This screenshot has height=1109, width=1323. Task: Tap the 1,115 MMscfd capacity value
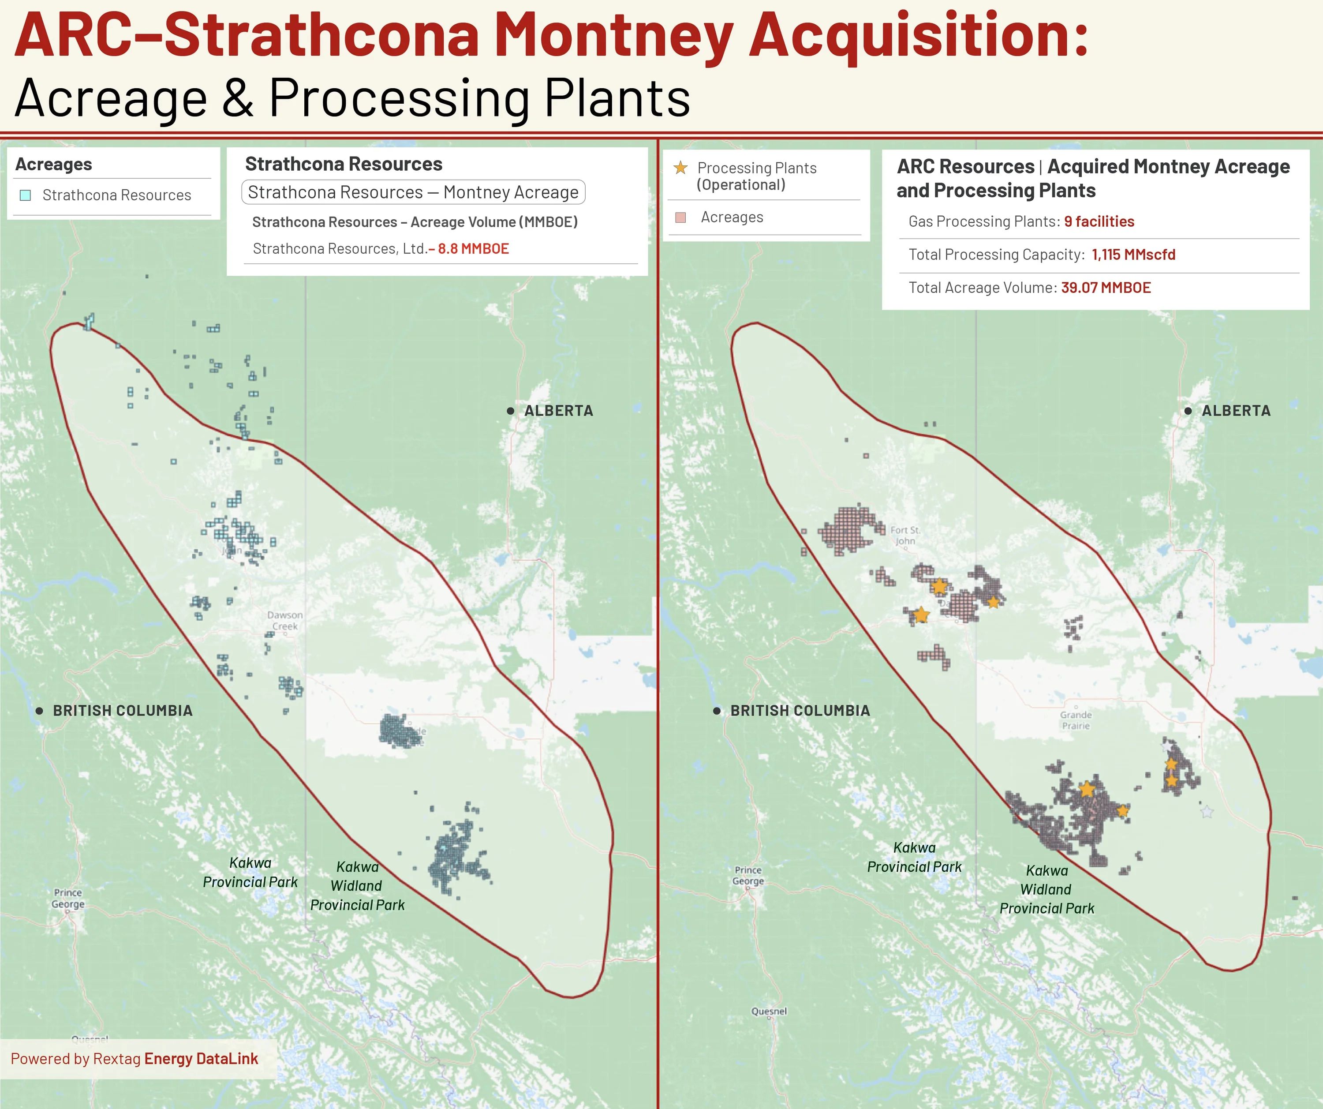pyautogui.click(x=1133, y=255)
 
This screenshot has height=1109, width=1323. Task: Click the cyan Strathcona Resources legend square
pyautogui.click(x=25, y=195)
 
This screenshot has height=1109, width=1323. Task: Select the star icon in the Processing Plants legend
pyautogui.click(x=680, y=168)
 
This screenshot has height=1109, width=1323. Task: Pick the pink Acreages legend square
pyautogui.click(x=680, y=217)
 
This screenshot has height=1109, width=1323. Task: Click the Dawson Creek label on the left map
pyautogui.click(x=285, y=621)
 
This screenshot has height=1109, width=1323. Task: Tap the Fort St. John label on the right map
pyautogui.click(x=905, y=536)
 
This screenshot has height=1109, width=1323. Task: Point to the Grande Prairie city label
pyautogui.click(x=1076, y=720)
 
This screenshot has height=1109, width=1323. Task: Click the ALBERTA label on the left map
pyautogui.click(x=558, y=411)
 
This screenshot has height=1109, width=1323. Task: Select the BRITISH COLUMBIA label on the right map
pyautogui.click(x=800, y=711)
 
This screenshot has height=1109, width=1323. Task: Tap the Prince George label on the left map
pyautogui.click(x=68, y=899)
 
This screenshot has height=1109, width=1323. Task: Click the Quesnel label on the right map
pyautogui.click(x=769, y=1012)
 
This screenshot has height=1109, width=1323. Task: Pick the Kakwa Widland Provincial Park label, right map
pyautogui.click(x=1046, y=890)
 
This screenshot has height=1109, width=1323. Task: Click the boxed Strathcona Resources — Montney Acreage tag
pyautogui.click(x=413, y=192)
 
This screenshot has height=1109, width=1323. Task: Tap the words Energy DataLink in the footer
pyautogui.click(x=201, y=1059)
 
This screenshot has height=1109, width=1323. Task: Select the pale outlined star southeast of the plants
pyautogui.click(x=1207, y=812)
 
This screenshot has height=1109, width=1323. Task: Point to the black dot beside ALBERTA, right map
pyautogui.click(x=1188, y=411)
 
